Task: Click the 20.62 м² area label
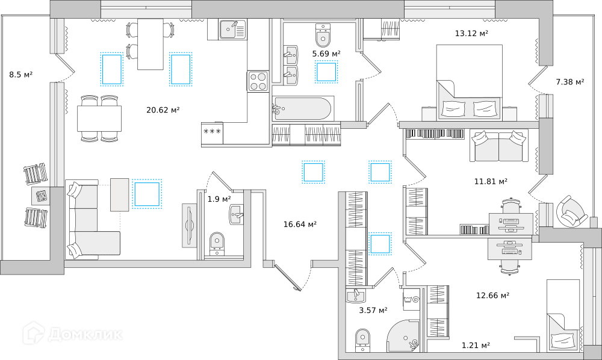[x=163, y=110]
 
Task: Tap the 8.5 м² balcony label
[x=20, y=75]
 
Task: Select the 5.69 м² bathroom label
[x=326, y=54]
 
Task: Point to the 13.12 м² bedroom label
[x=471, y=33]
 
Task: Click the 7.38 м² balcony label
[x=570, y=82]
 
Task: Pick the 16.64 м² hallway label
[x=300, y=224]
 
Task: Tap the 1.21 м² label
[x=476, y=346]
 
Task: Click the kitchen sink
[x=233, y=29]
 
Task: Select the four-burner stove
[x=258, y=81]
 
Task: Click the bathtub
[x=303, y=108]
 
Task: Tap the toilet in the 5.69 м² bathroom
[x=323, y=35]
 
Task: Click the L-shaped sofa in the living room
[x=93, y=220]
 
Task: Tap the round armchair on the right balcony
[x=572, y=212]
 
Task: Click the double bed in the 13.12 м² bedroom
[x=469, y=82]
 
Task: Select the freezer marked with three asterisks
[x=212, y=132]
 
